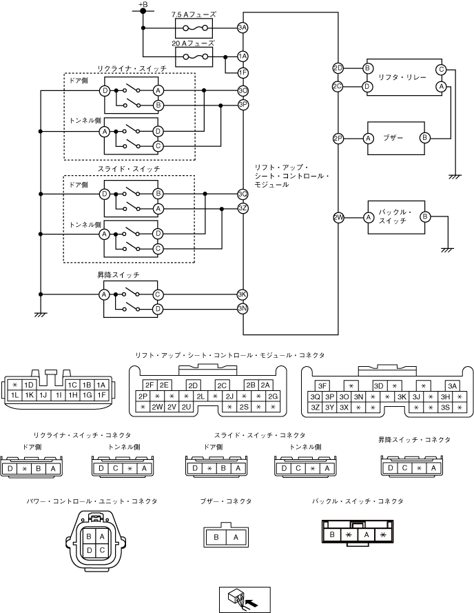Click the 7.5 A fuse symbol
coord(194,28)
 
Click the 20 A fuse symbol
coord(194,57)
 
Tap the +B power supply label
coord(143,4)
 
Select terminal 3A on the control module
coord(243,28)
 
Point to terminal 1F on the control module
coord(243,72)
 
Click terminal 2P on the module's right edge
coord(338,139)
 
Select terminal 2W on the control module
coord(338,217)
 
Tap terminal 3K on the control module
coord(243,294)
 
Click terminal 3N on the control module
coord(243,309)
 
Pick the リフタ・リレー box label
coord(402,77)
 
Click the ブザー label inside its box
coord(393,138)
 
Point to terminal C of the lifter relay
coord(441,70)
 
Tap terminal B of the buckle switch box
coord(425,217)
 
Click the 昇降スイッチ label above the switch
coord(118,275)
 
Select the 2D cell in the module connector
coord(193,386)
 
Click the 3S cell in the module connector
coord(445,407)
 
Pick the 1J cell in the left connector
coord(43,395)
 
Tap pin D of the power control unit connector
coord(89,550)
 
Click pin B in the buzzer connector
coord(216,537)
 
